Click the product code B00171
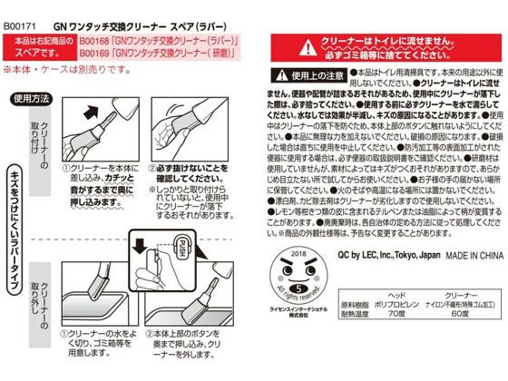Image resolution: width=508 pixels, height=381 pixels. click(21, 12)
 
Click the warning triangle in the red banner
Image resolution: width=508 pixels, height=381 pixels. click(309, 44)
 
